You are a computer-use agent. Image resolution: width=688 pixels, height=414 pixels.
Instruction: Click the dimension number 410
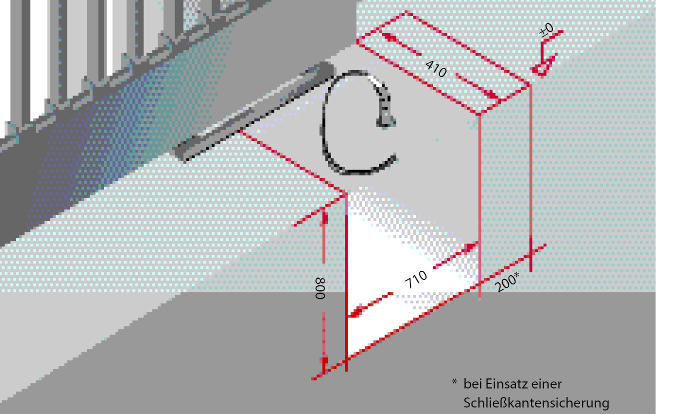[436, 69]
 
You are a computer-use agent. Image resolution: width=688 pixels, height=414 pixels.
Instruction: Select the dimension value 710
[416, 279]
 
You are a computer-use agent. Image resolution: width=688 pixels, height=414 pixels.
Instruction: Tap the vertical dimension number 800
[320, 288]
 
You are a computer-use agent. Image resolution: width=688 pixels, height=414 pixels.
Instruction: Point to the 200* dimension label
[507, 281]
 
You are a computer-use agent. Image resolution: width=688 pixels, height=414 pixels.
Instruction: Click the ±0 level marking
[546, 30]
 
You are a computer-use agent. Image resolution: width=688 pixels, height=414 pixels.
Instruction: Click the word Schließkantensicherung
[536, 403]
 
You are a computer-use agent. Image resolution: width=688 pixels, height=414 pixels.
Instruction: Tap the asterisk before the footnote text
[454, 382]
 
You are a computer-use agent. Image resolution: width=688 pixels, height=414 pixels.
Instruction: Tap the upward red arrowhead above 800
[323, 219]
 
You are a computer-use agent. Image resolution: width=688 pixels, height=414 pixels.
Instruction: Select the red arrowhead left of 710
[356, 312]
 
